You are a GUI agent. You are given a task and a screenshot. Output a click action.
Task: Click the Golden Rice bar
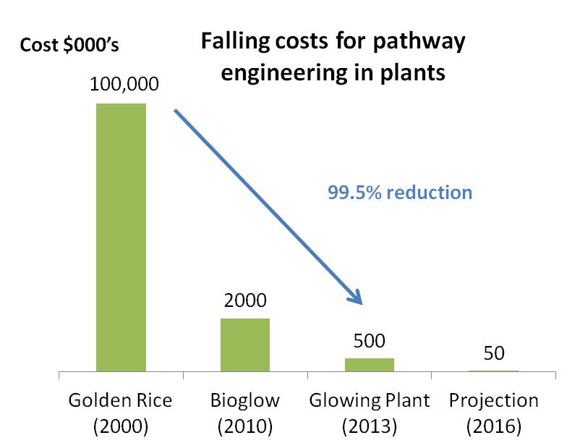pos(121,237)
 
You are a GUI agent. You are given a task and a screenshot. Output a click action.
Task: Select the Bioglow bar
pos(245,345)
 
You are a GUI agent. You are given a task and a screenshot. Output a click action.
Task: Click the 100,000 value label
pos(121,85)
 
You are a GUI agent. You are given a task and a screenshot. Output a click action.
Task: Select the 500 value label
pos(369,340)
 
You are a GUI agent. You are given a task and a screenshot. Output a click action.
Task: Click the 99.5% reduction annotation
pos(399,193)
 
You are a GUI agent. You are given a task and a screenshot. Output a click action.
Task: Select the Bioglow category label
pos(245,400)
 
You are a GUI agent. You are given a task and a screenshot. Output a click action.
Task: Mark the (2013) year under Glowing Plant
pos(369,426)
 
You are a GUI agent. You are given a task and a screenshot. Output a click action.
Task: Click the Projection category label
pos(494,400)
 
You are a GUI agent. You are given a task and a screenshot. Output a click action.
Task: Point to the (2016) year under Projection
pos(494,426)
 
